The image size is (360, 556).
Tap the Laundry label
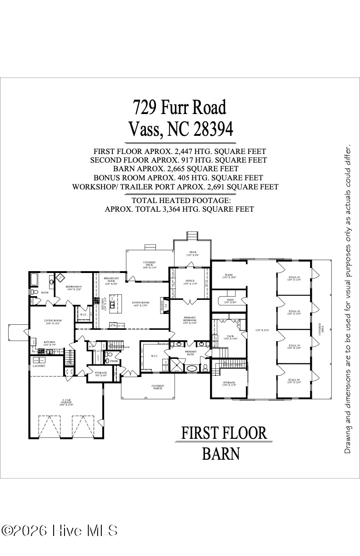point(39,366)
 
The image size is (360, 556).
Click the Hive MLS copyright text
point(59,531)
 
